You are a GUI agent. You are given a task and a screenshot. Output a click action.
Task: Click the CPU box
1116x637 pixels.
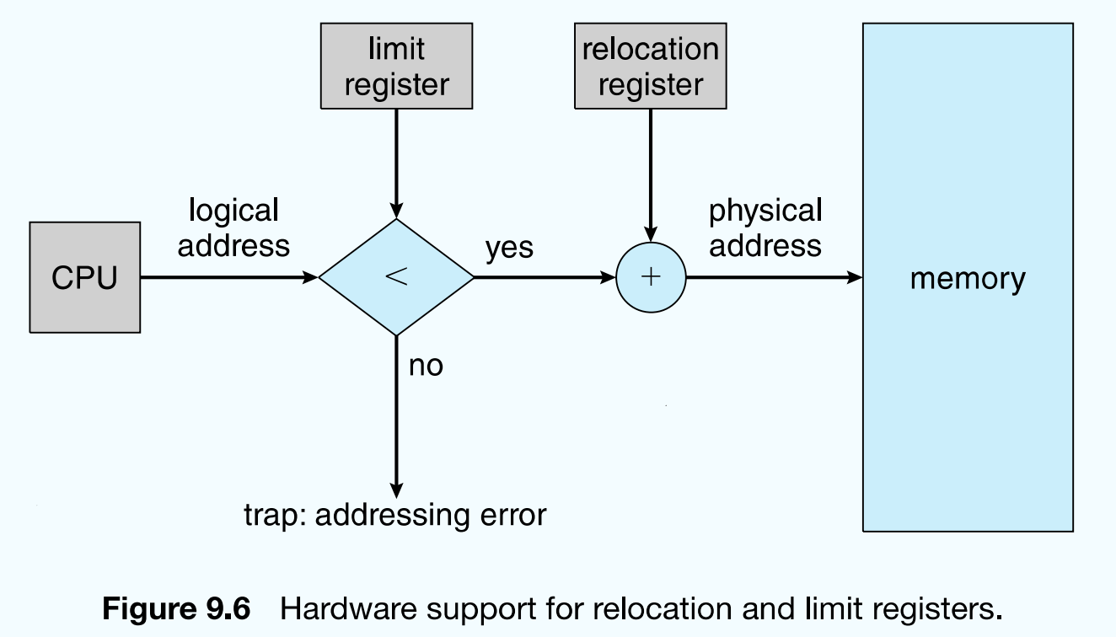(x=84, y=277)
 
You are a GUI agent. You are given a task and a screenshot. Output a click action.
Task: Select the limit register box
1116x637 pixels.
(x=396, y=67)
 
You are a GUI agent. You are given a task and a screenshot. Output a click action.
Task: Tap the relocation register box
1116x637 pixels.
(x=650, y=67)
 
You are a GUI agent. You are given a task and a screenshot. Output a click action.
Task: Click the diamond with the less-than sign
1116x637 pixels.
(x=396, y=277)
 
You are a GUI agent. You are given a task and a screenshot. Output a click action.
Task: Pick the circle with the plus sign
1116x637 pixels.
(x=650, y=277)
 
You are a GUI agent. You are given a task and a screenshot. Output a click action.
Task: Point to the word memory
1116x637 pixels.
(x=967, y=278)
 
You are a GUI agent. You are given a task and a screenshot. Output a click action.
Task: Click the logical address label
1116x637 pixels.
(x=233, y=227)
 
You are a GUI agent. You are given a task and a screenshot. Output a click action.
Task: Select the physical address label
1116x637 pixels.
(x=765, y=227)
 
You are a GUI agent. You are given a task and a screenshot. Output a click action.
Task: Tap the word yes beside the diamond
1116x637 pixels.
(x=509, y=249)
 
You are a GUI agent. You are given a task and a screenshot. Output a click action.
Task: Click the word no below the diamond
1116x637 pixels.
(x=426, y=366)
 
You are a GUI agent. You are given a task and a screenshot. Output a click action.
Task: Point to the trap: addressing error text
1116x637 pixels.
(x=395, y=514)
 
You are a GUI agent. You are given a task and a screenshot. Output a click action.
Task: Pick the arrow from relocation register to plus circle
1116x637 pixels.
(x=650, y=177)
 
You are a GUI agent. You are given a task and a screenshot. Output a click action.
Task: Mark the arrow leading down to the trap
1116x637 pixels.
(x=396, y=421)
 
